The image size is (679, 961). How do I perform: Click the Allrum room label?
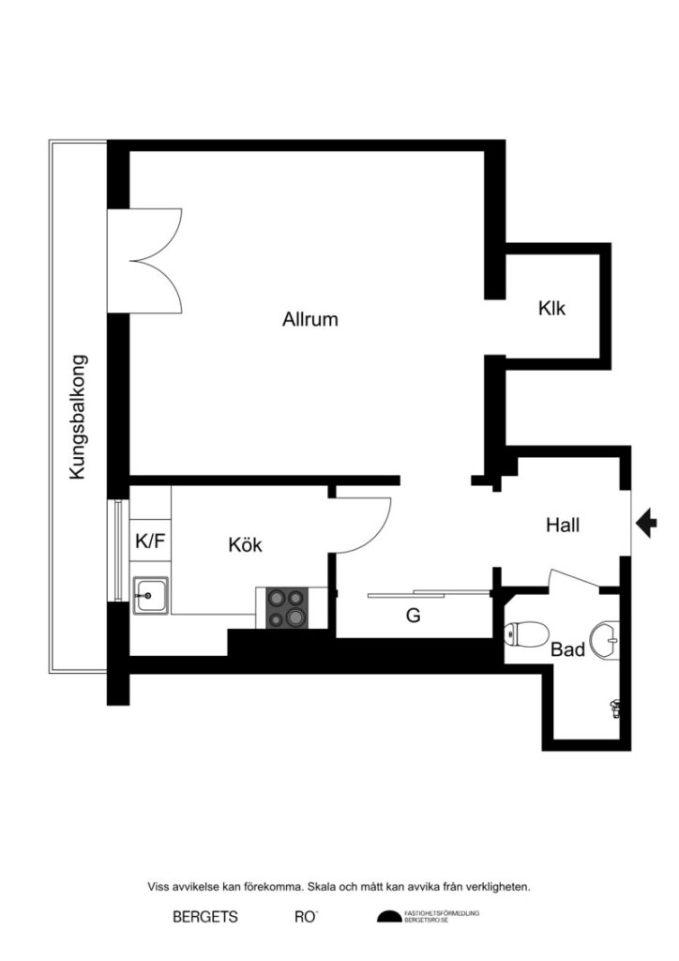[309, 319]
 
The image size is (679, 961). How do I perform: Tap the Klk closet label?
[551, 308]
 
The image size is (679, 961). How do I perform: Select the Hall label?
[563, 526]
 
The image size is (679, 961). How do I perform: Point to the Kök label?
[245, 545]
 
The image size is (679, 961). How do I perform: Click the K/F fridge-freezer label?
[149, 541]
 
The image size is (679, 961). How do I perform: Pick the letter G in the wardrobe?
[412, 617]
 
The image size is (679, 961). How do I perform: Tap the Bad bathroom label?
[568, 649]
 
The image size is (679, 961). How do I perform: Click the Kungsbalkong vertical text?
[79, 417]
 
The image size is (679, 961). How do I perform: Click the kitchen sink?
[149, 595]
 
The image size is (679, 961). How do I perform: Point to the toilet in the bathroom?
[523, 636]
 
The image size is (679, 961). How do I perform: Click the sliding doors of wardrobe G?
[430, 593]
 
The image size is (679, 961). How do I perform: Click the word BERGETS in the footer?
[205, 917]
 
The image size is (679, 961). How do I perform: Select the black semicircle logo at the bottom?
[388, 917]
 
